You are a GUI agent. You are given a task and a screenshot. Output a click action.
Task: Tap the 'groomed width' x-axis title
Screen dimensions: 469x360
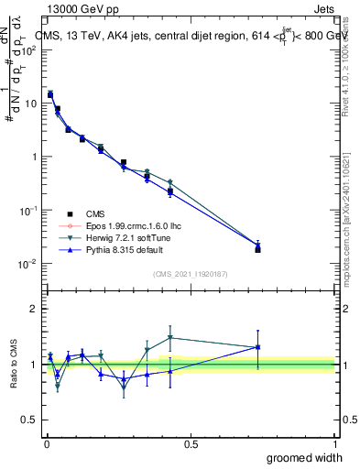point(304,457)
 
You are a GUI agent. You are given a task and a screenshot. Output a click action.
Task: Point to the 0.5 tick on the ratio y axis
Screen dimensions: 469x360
point(27,420)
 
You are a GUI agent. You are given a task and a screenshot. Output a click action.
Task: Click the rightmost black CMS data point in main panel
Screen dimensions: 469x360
point(257,249)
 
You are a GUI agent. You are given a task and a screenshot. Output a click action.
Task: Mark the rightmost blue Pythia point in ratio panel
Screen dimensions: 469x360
point(257,347)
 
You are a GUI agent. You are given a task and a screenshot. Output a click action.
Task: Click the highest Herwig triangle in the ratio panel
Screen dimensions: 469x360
point(170,337)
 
